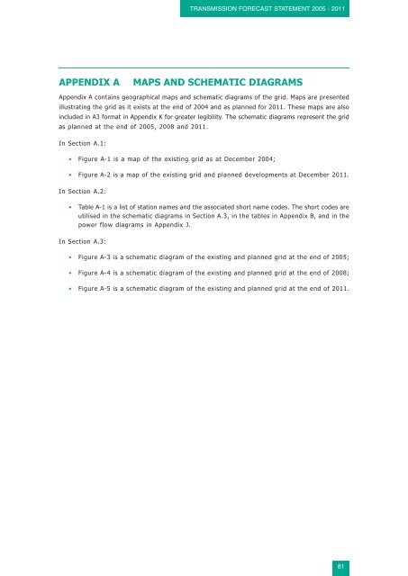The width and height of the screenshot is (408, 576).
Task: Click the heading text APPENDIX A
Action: coord(89,83)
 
